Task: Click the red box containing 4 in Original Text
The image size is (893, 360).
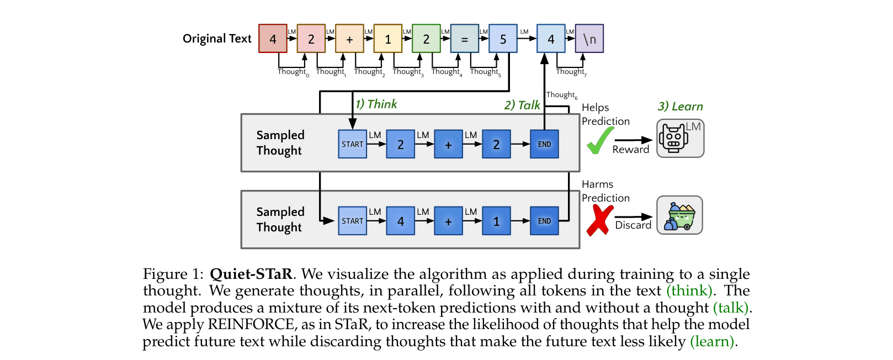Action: click(273, 39)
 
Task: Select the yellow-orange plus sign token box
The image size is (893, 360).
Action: click(349, 39)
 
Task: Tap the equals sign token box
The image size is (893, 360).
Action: click(465, 39)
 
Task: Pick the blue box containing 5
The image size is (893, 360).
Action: click(503, 39)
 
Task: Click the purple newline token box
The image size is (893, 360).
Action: click(589, 39)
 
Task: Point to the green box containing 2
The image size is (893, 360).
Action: click(426, 39)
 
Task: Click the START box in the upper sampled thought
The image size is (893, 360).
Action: click(352, 144)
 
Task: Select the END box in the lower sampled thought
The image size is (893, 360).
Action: click(544, 221)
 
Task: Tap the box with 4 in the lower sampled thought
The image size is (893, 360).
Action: click(400, 221)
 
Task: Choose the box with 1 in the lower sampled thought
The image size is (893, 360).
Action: click(496, 221)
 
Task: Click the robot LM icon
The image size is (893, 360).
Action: click(680, 139)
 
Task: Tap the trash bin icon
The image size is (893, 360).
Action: click(679, 215)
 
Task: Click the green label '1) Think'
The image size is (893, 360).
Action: click(376, 104)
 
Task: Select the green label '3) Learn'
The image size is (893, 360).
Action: click(680, 107)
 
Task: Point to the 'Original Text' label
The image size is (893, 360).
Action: click(217, 39)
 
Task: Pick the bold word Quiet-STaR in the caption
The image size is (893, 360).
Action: click(251, 274)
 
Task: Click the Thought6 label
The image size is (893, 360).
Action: click(561, 95)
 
